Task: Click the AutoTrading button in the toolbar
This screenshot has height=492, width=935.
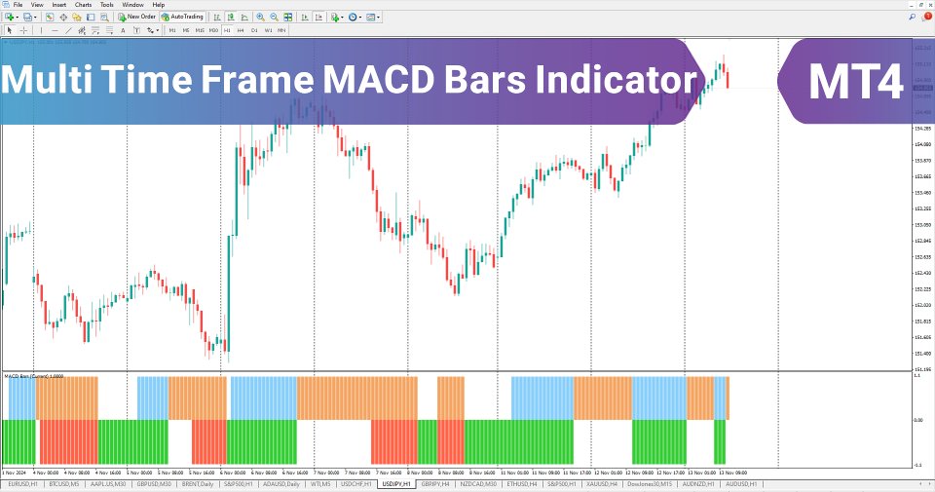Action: click(x=182, y=17)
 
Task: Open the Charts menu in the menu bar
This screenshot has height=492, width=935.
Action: click(x=83, y=5)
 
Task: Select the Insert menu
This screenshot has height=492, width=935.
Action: click(x=59, y=5)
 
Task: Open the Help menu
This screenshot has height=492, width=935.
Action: click(x=159, y=5)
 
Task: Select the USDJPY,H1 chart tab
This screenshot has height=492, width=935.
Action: click(x=396, y=483)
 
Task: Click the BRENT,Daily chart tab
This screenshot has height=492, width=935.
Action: click(x=198, y=483)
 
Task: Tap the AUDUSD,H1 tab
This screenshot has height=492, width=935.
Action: click(x=744, y=483)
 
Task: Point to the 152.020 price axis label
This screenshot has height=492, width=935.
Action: click(x=922, y=305)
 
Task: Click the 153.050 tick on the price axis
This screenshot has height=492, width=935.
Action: click(x=922, y=208)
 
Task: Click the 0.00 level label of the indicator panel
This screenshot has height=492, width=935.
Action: click(x=919, y=420)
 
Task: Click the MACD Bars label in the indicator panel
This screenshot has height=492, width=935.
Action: click(x=27, y=375)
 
